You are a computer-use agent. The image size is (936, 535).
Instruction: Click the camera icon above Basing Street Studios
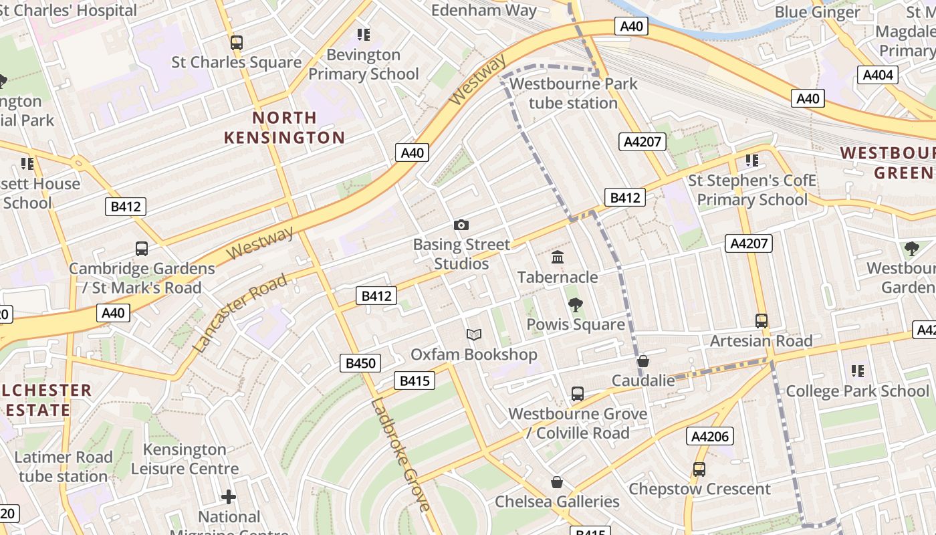point(461,225)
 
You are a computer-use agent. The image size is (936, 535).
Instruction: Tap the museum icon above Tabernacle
point(558,257)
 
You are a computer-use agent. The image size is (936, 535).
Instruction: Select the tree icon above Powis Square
point(575,305)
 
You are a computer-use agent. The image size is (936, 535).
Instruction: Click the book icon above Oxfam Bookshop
point(473,334)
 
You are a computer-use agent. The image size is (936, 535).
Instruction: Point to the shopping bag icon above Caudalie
point(643,361)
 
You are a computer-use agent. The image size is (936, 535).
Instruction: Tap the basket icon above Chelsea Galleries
point(556,482)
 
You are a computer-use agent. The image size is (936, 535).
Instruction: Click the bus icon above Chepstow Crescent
point(699,469)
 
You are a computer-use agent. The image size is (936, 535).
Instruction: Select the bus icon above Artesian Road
point(761,321)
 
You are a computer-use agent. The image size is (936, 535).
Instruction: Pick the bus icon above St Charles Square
point(236,43)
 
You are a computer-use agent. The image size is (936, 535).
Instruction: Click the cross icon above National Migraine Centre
point(229,497)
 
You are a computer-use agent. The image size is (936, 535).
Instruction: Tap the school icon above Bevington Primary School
point(363,35)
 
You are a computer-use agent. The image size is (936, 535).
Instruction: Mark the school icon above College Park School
point(858,371)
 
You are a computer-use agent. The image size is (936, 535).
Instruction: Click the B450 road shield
point(360,363)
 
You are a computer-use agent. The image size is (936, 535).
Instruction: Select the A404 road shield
point(878,75)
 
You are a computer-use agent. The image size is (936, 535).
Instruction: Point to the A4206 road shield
point(709,437)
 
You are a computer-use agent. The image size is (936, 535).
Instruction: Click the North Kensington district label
point(284,128)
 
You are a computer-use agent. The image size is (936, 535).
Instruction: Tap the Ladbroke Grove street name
point(400,455)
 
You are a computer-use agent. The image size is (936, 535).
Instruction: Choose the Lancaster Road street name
point(240,312)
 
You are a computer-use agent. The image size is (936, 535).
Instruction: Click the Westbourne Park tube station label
point(573,94)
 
